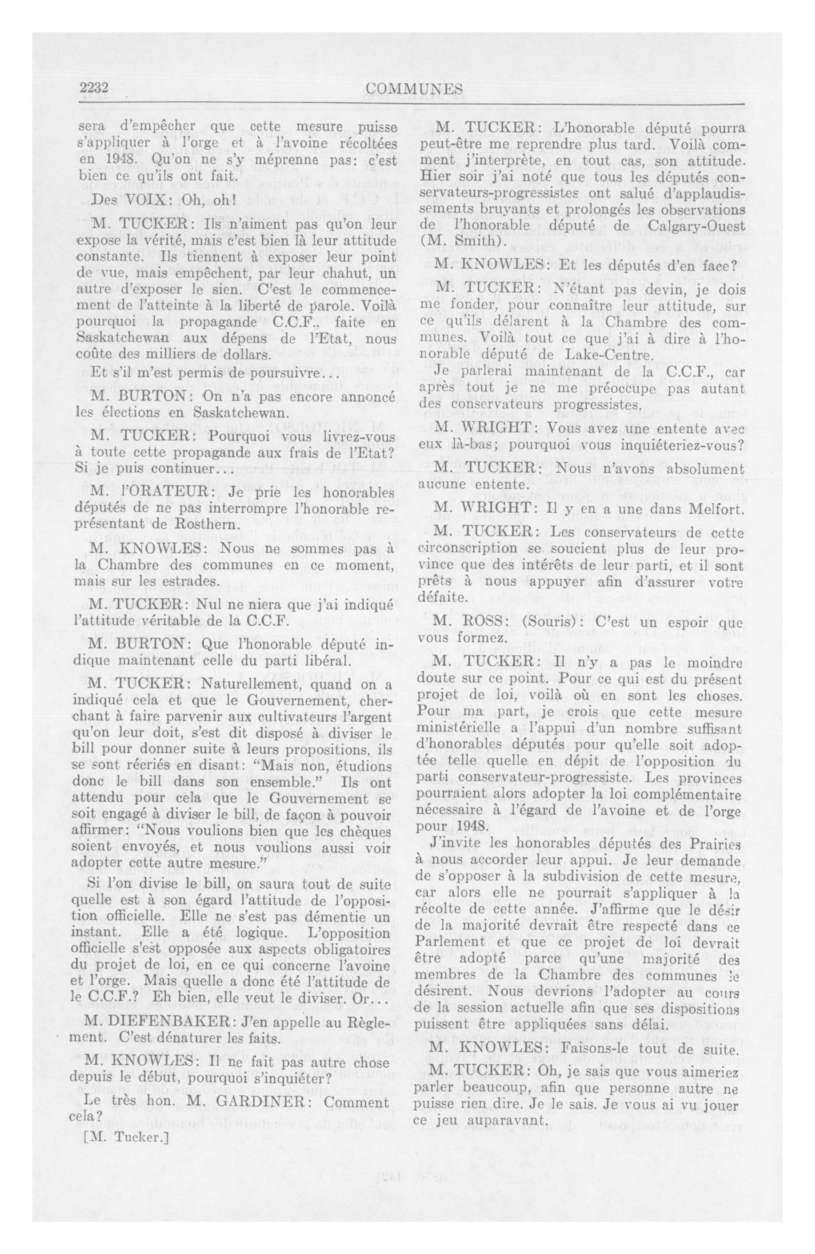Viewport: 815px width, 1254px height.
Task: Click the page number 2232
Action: [94, 88]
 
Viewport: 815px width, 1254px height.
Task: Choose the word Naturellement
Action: [213, 684]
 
